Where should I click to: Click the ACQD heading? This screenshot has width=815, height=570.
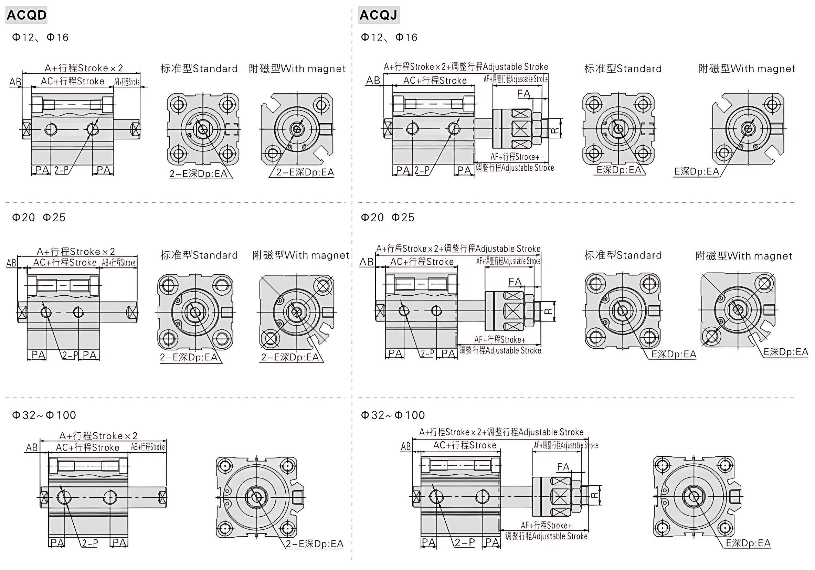tap(27, 15)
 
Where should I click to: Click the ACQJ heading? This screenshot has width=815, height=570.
tap(379, 15)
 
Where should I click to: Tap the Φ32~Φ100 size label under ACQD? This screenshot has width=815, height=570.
tap(44, 415)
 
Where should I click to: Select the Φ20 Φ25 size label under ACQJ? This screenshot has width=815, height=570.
tap(388, 217)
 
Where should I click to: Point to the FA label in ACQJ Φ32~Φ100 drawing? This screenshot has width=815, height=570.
tap(563, 467)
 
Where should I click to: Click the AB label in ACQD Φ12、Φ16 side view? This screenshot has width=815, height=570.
tap(15, 82)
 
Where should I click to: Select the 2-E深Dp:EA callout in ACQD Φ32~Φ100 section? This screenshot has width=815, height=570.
tap(315, 544)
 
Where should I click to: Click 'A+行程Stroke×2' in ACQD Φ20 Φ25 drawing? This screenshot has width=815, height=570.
tap(76, 251)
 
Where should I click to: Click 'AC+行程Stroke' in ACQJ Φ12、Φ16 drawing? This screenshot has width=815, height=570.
tap(435, 81)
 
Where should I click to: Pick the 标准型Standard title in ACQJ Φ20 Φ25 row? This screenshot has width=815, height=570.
tap(623, 255)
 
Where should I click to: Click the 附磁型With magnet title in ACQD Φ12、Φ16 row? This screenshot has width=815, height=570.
tap(297, 68)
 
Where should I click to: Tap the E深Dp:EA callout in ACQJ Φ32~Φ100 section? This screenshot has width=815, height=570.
tap(748, 543)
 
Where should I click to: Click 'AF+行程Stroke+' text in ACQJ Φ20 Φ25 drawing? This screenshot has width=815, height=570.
tap(500, 340)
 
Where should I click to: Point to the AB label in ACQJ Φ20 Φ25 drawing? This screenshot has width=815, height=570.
tap(366, 262)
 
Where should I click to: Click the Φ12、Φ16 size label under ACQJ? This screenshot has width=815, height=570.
tap(389, 37)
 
